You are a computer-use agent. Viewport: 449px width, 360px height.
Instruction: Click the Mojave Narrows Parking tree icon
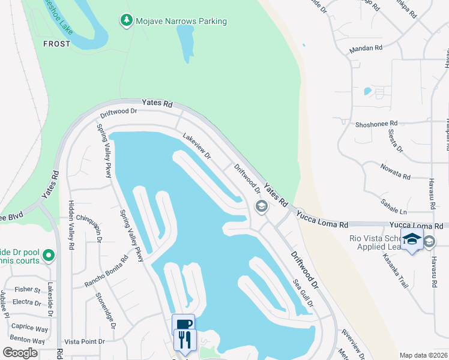point(126,21)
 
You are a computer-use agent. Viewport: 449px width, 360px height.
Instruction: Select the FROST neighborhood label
point(56,44)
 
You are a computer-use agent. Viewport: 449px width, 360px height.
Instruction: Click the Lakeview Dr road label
point(197,146)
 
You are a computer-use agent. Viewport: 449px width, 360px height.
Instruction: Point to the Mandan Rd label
point(366,47)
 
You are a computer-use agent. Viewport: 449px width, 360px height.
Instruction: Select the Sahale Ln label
point(394,208)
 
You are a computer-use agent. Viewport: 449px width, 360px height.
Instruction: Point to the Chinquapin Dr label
point(99,229)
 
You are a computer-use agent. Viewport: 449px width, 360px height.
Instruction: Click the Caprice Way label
point(29,329)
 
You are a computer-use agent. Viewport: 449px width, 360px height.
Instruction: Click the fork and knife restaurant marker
point(185,340)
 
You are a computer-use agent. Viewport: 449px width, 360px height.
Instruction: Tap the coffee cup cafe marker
point(184,324)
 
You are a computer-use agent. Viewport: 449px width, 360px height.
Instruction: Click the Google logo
point(20,353)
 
